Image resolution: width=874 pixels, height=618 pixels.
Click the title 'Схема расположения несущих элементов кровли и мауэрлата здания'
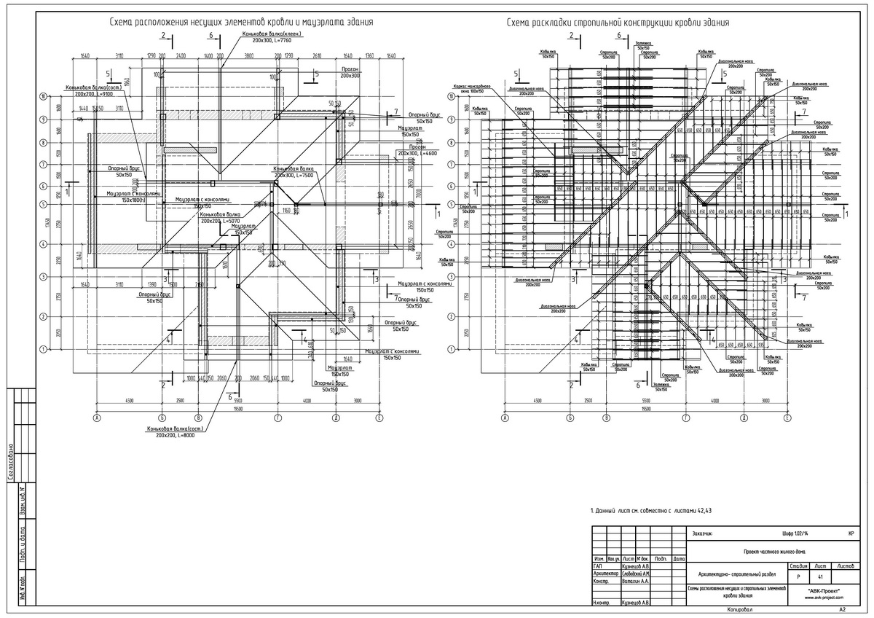pyautogui.click(x=241, y=22)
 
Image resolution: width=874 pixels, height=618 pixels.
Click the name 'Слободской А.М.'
pyautogui.click(x=636, y=574)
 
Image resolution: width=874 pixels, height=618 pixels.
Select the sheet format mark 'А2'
pyautogui.click(x=843, y=609)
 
